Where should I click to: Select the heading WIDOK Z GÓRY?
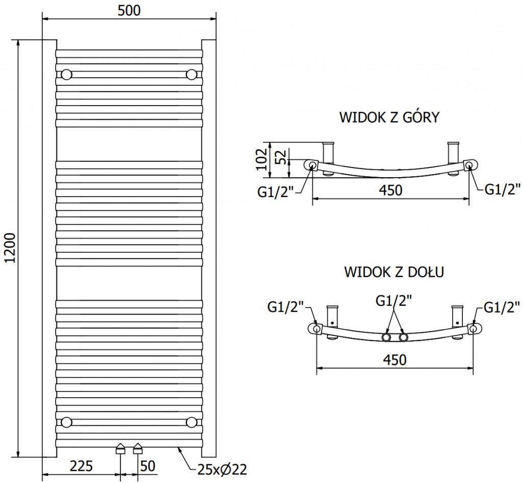389,118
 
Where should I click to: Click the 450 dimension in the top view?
390,190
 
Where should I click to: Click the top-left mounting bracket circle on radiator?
66,75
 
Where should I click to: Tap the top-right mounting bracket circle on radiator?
191,75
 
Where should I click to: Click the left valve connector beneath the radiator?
120,449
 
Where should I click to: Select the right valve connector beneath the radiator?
138,449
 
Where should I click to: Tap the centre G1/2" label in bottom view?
394,301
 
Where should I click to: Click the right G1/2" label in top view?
502,190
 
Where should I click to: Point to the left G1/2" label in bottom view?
285,307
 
